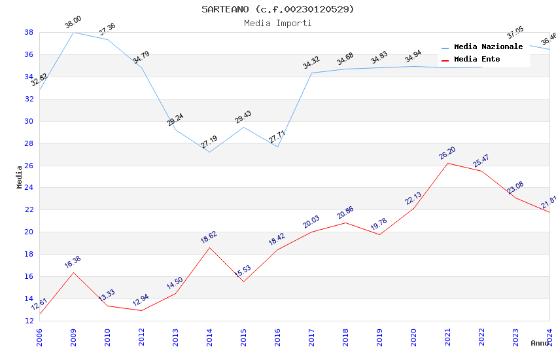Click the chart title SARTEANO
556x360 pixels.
[278, 9]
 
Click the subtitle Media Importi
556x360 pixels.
[278, 23]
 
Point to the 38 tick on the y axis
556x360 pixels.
[29, 32]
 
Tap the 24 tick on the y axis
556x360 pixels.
[29, 188]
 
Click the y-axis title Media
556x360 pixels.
[20, 177]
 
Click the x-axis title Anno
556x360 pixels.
[540, 343]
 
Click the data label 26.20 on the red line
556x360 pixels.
[447, 154]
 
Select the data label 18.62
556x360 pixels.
[209, 238]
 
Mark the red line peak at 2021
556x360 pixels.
[447, 163]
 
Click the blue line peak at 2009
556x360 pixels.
[73, 32]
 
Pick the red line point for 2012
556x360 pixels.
[141, 310]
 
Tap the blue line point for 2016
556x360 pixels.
[277, 147]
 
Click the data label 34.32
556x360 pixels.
[311, 63]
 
